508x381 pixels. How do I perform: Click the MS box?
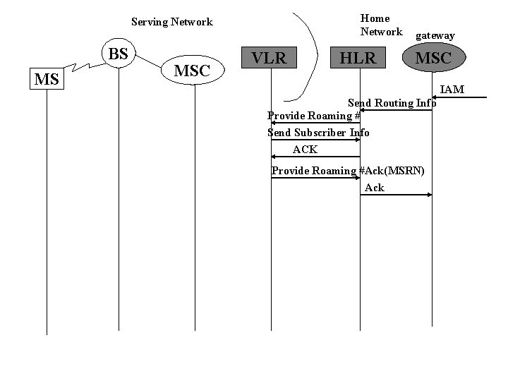(47, 79)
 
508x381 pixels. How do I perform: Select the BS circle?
(119, 54)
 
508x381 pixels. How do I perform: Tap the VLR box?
(270, 58)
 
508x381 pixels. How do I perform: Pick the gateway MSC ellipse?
(433, 57)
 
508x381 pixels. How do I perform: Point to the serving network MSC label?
(192, 71)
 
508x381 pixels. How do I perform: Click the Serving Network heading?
(172, 22)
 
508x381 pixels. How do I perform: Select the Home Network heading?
(380, 25)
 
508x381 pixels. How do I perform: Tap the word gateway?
(435, 35)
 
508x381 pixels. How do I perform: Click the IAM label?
(452, 90)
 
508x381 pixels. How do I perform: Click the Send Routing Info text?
(392, 103)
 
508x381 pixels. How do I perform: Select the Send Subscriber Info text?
(318, 133)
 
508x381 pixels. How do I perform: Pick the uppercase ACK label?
(305, 150)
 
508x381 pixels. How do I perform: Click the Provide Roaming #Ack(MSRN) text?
(348, 171)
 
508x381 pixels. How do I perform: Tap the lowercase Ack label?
(375, 188)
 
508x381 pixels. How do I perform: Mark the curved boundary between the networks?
(308, 56)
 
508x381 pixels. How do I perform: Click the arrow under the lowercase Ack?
(396, 194)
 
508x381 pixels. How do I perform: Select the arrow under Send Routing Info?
(396, 110)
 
